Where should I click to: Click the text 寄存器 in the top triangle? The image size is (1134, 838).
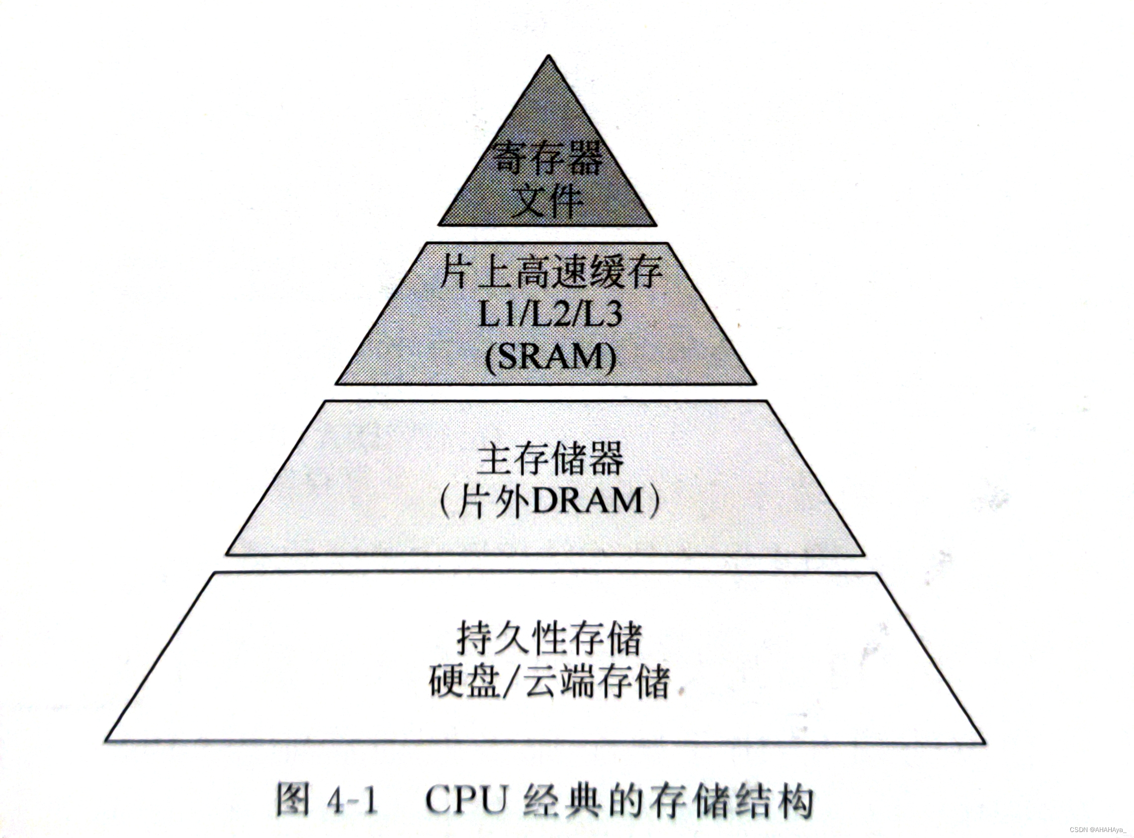pos(548,158)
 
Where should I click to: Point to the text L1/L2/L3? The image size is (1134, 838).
pos(550,315)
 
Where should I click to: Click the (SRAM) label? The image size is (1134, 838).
pos(550,357)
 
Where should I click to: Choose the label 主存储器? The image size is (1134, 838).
pos(550,458)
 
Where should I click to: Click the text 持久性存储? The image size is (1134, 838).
pos(550,638)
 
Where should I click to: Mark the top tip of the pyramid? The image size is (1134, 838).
pos(548,57)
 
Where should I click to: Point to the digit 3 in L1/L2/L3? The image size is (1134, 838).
pos(612,315)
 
